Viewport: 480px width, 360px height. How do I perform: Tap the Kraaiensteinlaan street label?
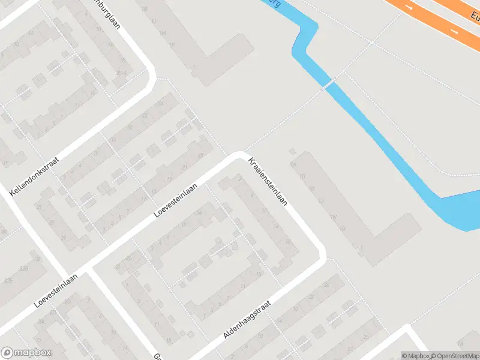[x=268, y=181]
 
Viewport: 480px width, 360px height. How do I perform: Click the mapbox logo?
[x=26, y=353]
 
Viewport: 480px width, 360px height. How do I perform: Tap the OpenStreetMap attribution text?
[x=454, y=356]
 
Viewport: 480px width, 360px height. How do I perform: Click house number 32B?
[x=24, y=268]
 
